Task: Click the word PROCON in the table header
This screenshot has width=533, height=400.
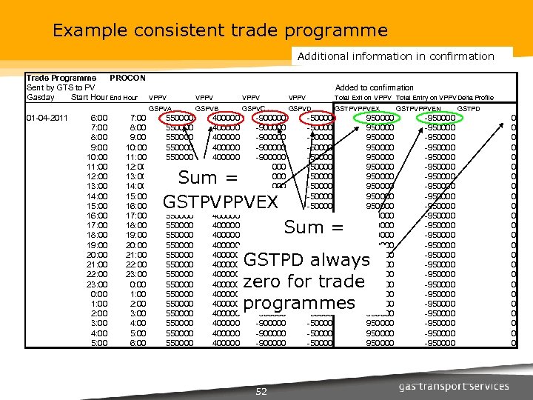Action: [127, 78]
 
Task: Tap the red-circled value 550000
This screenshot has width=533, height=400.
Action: [180, 118]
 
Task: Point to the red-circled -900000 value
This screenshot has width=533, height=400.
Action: [271, 118]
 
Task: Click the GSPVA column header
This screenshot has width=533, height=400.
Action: [161, 108]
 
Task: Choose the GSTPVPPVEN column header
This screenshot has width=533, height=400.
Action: [420, 108]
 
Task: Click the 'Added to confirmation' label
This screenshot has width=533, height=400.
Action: [375, 87]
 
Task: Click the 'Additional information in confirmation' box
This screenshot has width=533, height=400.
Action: [395, 56]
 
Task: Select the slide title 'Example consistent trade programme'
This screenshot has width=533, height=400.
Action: [220, 30]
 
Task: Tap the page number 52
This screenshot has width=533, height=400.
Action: [261, 391]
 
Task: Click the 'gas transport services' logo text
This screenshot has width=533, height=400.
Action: [454, 387]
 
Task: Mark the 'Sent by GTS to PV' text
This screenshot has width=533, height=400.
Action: [61, 87]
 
